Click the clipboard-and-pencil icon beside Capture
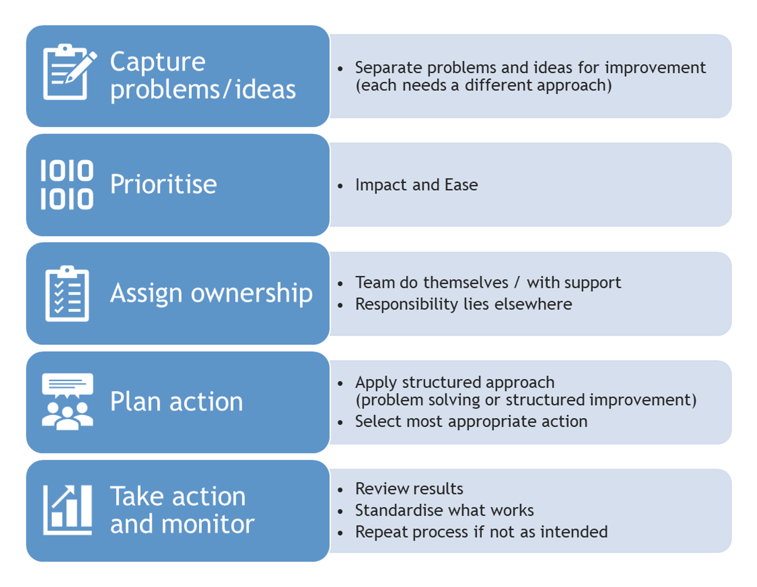coord(68,72)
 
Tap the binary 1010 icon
coord(67,184)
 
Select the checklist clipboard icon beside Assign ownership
coord(67,293)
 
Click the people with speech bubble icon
coord(67,402)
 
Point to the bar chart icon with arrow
coord(68,510)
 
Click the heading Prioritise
coord(164,184)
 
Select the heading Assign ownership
coord(211,293)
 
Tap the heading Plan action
coord(177,402)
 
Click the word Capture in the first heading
coord(157,63)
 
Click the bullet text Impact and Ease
coord(416,185)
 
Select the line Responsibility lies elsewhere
coord(463,304)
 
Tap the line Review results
coord(409,488)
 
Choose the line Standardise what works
coord(444,510)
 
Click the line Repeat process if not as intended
coord(481,532)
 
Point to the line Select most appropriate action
coord(471,421)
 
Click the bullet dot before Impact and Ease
coord(341,186)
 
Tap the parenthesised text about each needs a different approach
coord(483,85)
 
